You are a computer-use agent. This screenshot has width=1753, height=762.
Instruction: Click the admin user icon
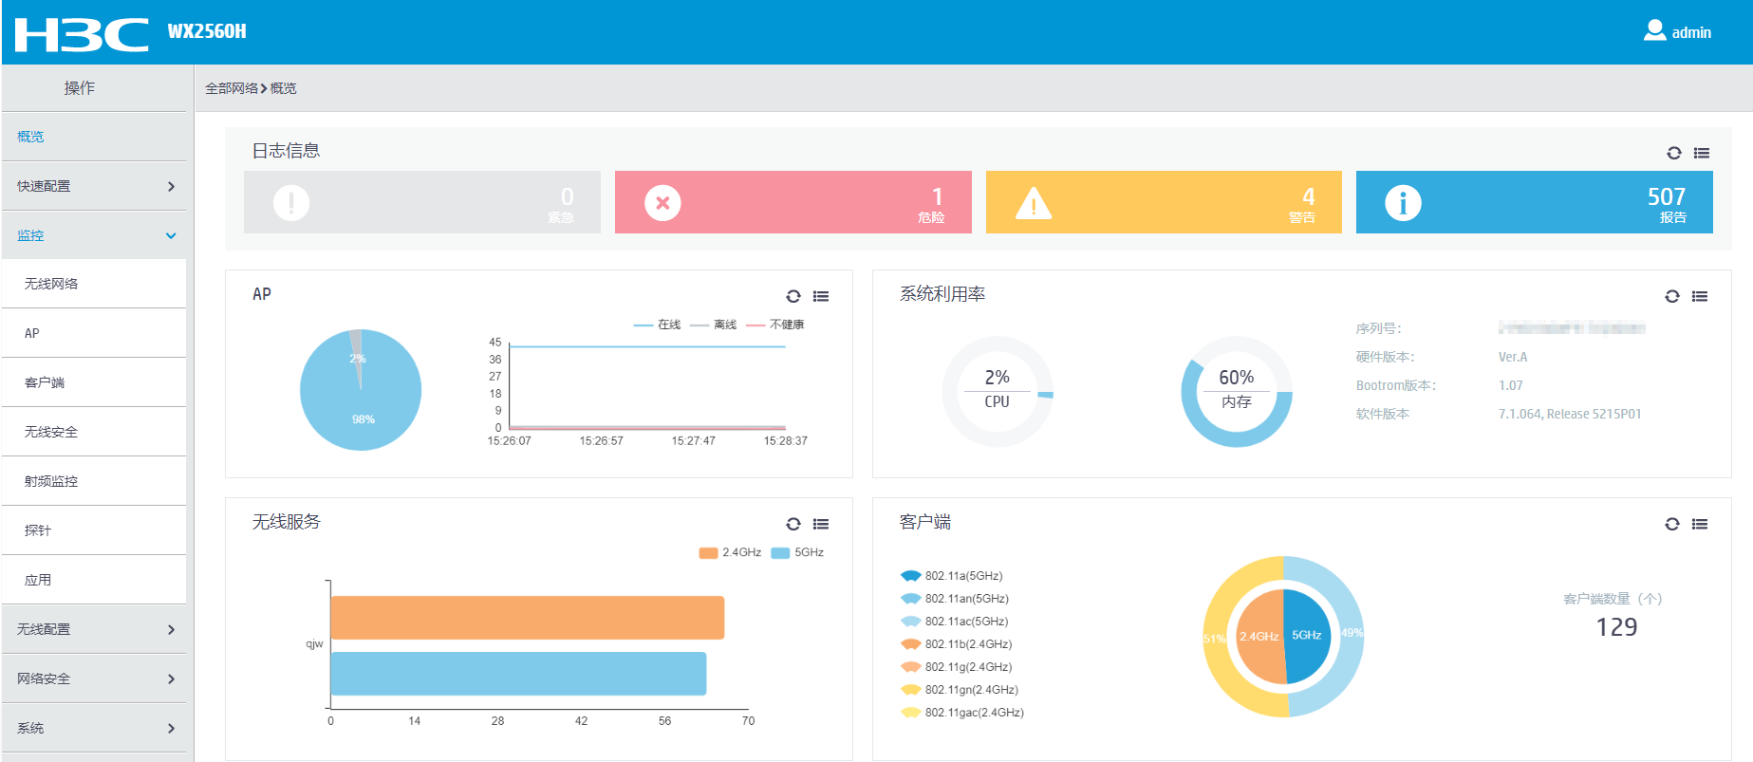[1654, 30]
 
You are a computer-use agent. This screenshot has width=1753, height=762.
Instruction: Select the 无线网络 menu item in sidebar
[51, 284]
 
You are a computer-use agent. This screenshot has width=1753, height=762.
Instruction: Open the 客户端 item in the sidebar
[45, 382]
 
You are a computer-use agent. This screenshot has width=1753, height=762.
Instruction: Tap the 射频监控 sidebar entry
[51, 481]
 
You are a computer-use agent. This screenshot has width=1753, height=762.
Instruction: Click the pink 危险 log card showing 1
[793, 202]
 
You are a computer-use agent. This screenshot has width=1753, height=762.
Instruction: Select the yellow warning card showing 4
[1164, 202]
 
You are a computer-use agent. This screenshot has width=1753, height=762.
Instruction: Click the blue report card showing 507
[1534, 202]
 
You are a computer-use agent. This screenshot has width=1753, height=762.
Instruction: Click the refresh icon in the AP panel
[793, 296]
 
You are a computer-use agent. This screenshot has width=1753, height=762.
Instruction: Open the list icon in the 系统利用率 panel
[1700, 296]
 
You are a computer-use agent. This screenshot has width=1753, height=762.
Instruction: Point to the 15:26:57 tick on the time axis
[602, 441]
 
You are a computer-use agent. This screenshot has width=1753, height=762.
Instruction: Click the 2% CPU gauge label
[997, 378]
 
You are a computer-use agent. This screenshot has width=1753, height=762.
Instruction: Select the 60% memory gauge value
[1236, 378]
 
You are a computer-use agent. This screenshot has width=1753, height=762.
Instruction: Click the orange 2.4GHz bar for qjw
[527, 618]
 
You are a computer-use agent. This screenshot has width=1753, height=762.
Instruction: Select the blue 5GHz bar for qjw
[518, 674]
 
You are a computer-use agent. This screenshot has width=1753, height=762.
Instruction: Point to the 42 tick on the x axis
[581, 721]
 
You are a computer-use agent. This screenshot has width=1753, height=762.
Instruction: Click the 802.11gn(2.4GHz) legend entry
[971, 690]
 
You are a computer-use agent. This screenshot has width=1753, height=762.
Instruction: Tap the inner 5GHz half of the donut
[1307, 636]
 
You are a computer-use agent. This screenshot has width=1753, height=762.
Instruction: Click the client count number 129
[1616, 627]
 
